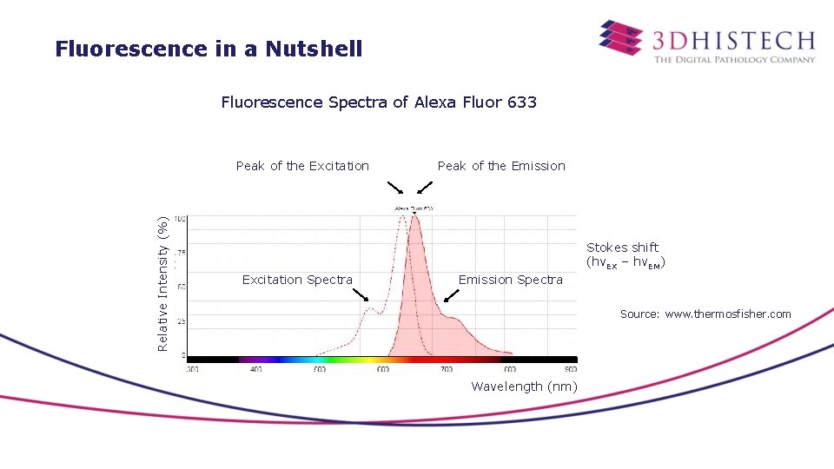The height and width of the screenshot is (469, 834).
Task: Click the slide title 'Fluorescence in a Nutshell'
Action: coord(208,49)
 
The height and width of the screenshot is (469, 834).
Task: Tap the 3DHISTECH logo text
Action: coord(733,40)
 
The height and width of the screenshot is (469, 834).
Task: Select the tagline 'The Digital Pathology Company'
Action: coord(734,59)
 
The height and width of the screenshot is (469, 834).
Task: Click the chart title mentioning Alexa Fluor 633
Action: coord(379,102)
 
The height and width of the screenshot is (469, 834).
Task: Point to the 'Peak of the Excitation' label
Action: coord(302,166)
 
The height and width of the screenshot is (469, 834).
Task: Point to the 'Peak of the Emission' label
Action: coord(501,166)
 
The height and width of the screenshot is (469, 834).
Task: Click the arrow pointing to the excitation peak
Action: coord(394,188)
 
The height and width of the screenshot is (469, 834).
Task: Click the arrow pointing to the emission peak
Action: coord(424,188)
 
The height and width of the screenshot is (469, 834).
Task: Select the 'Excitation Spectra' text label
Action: coord(297,280)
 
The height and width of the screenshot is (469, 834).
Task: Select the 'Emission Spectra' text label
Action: coord(510,280)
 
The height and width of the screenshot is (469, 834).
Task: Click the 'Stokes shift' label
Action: coord(622,248)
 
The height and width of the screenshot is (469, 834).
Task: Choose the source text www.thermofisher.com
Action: coord(705,314)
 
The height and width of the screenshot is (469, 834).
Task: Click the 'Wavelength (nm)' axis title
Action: coord(524,386)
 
